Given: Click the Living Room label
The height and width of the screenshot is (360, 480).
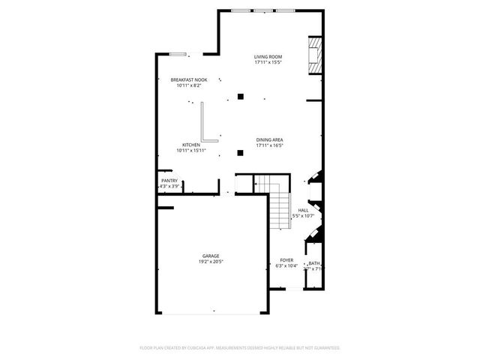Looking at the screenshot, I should coord(266,57).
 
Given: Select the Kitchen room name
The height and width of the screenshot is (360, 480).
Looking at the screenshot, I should coord(191,145).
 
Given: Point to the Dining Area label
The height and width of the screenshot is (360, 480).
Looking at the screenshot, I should coord(269,139).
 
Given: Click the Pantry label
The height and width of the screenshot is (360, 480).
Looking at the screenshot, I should coord(169,180).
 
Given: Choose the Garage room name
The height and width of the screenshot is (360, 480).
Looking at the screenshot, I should coord(211,256).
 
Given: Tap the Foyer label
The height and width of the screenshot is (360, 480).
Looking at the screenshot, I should coord(286,259).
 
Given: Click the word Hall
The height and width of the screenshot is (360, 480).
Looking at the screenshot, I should coord(303,210).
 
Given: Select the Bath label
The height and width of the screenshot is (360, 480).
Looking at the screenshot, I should coord(313,263).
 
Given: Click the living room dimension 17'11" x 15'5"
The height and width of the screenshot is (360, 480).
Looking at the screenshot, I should coord(266,62).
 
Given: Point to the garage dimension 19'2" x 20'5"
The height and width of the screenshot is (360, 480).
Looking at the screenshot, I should coord(211,262).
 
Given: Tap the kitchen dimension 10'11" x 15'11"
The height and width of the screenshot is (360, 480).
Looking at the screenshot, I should coord(191,151).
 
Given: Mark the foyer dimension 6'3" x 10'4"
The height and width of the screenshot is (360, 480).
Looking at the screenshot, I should coord(286,265).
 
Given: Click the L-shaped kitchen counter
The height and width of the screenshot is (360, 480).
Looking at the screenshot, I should coord(205,124).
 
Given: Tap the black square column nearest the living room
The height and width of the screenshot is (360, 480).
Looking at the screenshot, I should coord(240,96).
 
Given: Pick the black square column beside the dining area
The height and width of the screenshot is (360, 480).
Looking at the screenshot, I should coord(240,153).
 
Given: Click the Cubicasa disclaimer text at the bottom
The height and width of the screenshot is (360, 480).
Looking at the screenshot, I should coord(240,348).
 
